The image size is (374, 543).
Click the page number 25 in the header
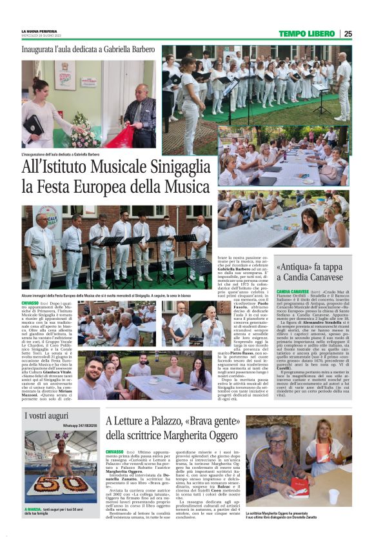pyautogui.click(x=348, y=34)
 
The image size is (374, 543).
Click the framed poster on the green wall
pyautogui.click(x=64, y=75)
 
